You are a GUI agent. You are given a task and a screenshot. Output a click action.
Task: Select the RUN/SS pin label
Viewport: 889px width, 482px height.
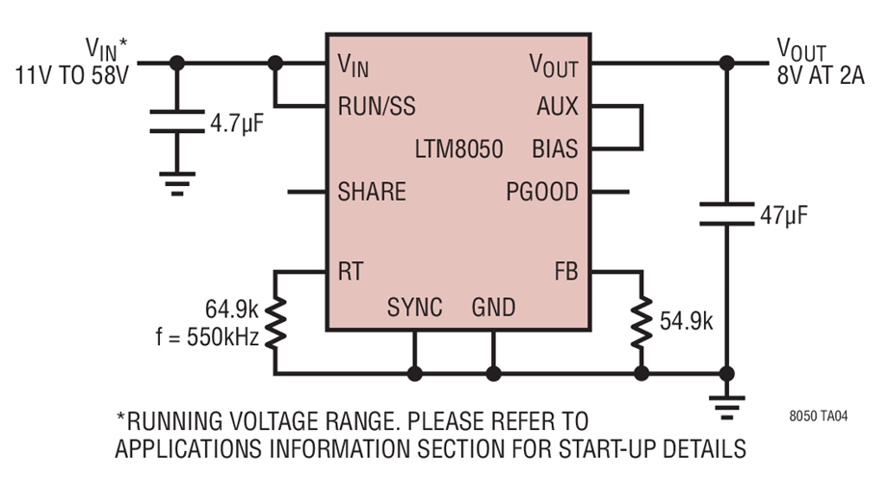pyautogui.click(x=377, y=106)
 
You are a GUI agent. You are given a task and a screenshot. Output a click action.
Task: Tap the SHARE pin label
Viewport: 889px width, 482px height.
pyautogui.click(x=372, y=192)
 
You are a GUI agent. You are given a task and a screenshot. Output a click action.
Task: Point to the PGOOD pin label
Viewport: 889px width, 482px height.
pyautogui.click(x=542, y=192)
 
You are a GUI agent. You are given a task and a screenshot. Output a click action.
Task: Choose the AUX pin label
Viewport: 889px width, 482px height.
pyautogui.click(x=558, y=106)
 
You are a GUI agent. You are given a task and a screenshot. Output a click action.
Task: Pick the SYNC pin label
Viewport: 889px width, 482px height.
pyautogui.click(x=415, y=308)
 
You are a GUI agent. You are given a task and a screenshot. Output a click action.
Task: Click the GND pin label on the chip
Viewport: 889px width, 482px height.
pyautogui.click(x=493, y=308)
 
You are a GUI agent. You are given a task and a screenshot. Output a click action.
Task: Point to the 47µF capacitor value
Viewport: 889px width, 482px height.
pyautogui.click(x=781, y=214)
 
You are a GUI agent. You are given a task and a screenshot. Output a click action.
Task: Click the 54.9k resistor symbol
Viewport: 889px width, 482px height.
pyautogui.click(x=641, y=322)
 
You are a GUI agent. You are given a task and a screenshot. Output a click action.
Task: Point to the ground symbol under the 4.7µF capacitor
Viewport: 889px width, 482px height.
pyautogui.click(x=176, y=184)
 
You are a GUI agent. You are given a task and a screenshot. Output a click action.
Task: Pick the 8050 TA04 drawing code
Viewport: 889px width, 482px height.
pyautogui.click(x=822, y=417)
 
